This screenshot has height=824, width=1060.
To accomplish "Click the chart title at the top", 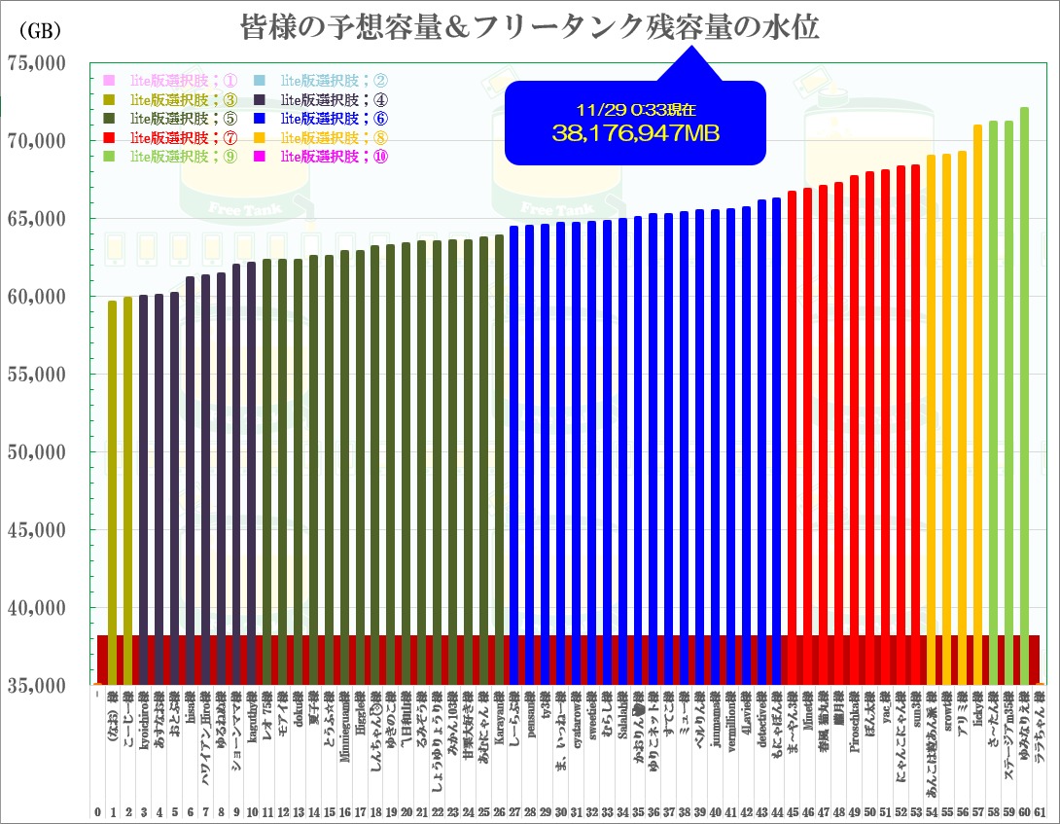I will pyautogui.click(x=529, y=27).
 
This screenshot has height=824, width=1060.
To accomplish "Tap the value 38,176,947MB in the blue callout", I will pyautogui.click(x=635, y=133).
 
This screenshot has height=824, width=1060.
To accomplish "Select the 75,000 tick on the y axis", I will pyautogui.click(x=36, y=63).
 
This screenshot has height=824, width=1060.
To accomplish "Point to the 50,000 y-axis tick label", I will pyautogui.click(x=36, y=452).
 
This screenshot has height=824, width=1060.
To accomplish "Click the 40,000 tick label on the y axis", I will pyautogui.click(x=36, y=608).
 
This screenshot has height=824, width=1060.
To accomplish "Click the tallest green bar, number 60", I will pyautogui.click(x=1024, y=389).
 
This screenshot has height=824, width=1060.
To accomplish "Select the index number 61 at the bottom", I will pyautogui.click(x=1040, y=811).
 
